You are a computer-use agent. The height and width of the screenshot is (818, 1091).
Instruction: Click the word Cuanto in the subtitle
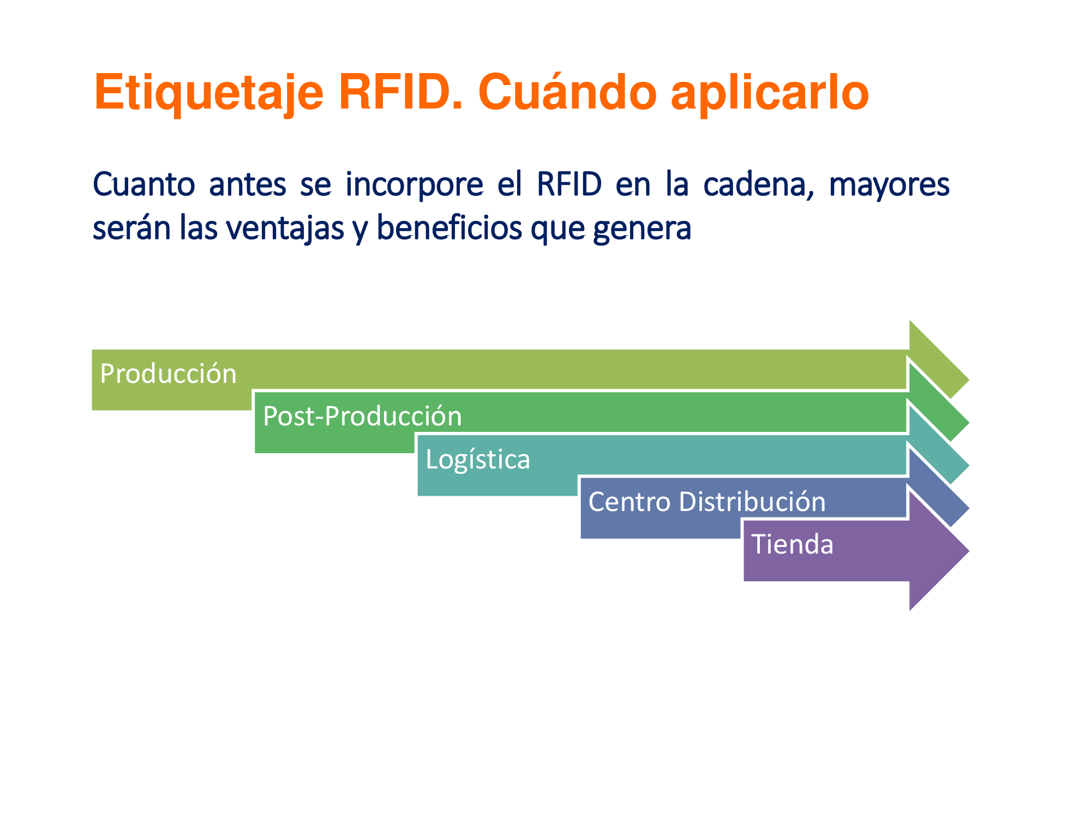pyautogui.click(x=143, y=184)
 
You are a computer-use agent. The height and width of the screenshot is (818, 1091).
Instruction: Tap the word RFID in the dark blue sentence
pyautogui.click(x=569, y=184)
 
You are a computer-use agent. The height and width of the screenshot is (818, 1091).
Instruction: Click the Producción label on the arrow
pyautogui.click(x=169, y=374)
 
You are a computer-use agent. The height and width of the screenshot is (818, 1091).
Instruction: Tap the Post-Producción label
pyautogui.click(x=362, y=417)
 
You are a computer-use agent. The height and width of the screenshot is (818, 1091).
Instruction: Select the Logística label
pyautogui.click(x=478, y=459)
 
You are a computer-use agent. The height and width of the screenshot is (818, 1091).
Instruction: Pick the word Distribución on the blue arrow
pyautogui.click(x=752, y=501)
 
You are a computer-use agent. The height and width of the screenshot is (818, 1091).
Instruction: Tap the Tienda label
pyautogui.click(x=793, y=544)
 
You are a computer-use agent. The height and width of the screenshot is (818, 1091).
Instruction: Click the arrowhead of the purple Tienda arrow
pyautogui.click(x=938, y=551)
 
